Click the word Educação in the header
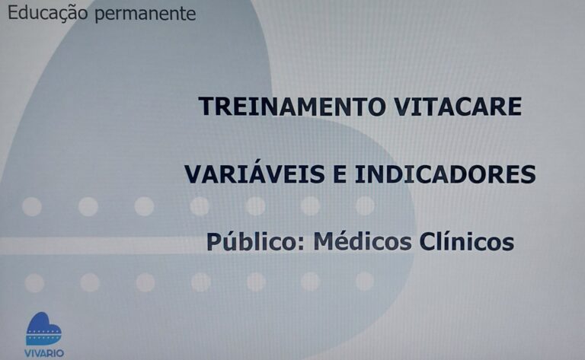tap(48, 14)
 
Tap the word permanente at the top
tap(145, 15)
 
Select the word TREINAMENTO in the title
tap(292, 107)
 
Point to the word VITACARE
tap(458, 107)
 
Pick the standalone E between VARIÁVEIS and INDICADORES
tap(340, 174)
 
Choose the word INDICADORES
tap(445, 174)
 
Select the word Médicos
tap(363, 241)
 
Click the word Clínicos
tap(467, 241)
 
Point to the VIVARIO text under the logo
tap(44, 353)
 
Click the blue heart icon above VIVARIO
tap(43, 329)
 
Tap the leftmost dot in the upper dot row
tap(32, 206)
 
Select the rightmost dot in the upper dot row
tap(365, 206)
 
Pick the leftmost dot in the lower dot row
tap(34, 282)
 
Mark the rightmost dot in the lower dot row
tap(365, 281)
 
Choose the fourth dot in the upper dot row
tap(200, 206)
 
